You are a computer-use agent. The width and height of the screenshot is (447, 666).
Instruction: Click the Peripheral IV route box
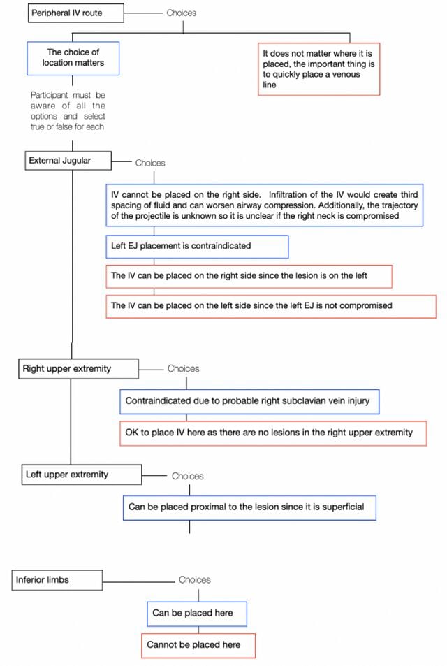76,13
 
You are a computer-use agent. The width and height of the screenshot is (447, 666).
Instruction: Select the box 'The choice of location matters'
73,58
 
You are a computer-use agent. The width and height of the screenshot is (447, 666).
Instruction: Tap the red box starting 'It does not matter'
318,68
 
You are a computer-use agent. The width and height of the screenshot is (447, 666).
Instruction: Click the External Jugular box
68,161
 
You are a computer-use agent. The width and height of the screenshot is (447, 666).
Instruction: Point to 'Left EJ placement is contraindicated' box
197,247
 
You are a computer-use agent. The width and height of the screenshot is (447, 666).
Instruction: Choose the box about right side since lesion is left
249,276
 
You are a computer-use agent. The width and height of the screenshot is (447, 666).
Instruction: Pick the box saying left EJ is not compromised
271,306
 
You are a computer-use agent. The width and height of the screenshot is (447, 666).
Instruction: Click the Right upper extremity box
78,369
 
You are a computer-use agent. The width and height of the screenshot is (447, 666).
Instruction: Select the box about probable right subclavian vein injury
249,401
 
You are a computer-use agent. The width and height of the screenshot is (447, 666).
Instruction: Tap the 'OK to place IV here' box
273,433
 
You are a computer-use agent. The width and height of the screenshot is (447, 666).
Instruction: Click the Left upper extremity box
82,475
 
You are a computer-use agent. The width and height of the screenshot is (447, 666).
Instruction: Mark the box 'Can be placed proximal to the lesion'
249,507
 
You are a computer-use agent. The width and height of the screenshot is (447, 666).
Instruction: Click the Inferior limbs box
57,580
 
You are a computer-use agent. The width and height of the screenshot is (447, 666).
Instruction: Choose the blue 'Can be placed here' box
196,614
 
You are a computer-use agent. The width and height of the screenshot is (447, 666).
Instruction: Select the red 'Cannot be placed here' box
198,646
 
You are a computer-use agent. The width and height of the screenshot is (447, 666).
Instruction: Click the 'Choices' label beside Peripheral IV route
182,13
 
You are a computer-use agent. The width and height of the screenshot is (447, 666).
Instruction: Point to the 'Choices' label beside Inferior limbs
194,580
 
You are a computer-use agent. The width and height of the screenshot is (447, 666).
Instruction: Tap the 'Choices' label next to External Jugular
150,163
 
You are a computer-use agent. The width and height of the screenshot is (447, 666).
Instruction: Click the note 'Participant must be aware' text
68,111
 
